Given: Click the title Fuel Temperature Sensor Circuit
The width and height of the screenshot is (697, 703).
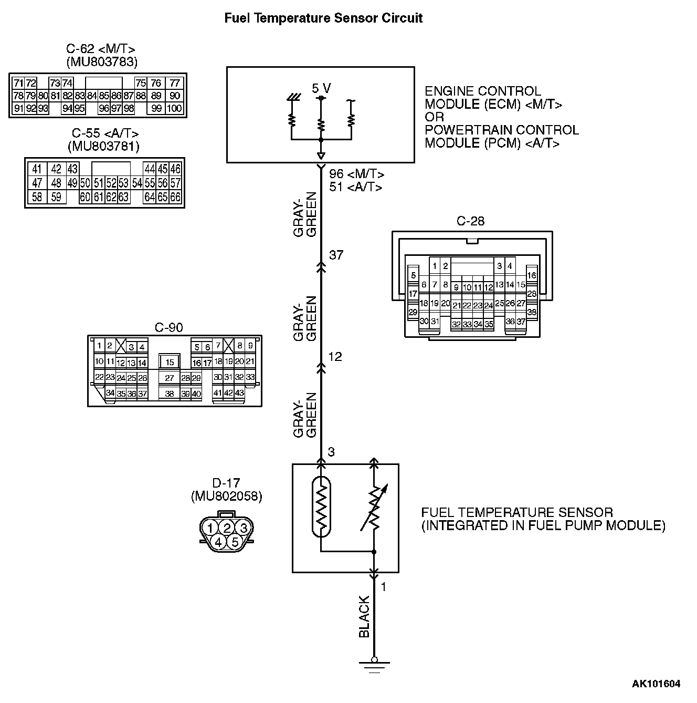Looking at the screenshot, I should (323, 18).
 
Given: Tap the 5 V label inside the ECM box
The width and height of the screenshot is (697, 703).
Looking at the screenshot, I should (321, 88).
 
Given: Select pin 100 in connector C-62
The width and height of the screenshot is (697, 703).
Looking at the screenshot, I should (174, 109).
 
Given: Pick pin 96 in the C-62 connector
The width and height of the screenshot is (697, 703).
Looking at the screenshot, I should (103, 109).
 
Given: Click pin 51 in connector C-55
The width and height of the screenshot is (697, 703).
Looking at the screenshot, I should (98, 183).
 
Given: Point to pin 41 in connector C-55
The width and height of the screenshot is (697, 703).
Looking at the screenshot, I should (37, 169).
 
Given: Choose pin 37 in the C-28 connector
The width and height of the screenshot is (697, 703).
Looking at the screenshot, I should (521, 322).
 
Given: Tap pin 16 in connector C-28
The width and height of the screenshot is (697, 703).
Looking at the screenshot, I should (532, 275).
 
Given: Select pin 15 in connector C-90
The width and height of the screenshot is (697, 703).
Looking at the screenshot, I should (170, 362).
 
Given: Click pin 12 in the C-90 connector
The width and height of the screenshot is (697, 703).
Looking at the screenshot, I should (121, 363).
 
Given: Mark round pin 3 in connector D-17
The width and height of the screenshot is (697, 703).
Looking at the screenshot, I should (243, 528).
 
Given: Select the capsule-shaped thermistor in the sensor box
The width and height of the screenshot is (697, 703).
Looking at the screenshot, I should (321, 506).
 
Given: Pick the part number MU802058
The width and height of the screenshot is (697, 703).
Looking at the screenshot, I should (226, 496).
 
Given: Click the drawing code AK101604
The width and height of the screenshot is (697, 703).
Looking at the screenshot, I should (656, 684).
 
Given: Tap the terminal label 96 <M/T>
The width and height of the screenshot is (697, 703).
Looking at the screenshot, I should (356, 174).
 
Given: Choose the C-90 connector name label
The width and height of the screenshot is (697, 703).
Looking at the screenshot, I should (168, 328).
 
